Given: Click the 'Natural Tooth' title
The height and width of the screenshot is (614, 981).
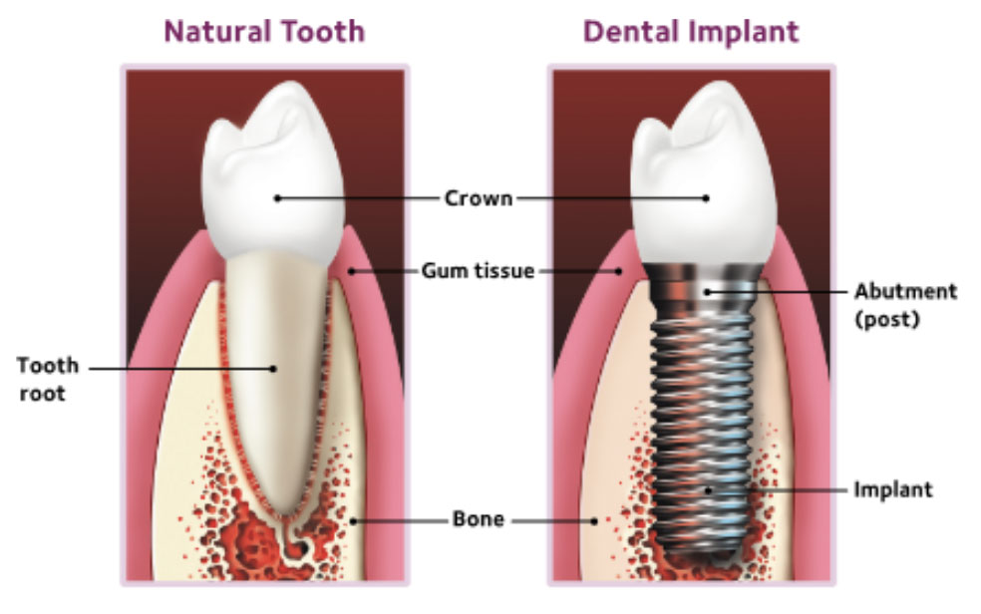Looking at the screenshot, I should pos(264,31).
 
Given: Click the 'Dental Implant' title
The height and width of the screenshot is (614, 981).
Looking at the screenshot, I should pos(690,31).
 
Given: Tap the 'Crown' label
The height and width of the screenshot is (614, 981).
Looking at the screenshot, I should pos(478,197).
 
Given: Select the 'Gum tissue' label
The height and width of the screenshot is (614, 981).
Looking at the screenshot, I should pos(478,270).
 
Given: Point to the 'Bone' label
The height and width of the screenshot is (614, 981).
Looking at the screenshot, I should pos(478,518).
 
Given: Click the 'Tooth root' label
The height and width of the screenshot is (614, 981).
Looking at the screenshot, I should pos(46,380).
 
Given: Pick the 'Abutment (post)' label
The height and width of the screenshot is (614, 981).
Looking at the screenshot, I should pos(904,304).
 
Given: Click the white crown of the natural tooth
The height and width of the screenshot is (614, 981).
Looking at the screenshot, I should pos(271,169).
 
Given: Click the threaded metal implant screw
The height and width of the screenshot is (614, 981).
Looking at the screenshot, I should pos(704,419).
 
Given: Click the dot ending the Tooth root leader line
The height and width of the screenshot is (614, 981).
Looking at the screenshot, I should pos(273,368).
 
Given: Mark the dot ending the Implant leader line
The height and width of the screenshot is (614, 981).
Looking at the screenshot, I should pos(708,489).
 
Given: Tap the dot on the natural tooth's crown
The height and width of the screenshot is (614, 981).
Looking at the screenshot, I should pos(277,197).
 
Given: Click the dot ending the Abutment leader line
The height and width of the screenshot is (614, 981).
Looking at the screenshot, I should pos(706,291).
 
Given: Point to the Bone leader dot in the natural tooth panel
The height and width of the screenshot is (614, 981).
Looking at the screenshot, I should pos(351,518).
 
